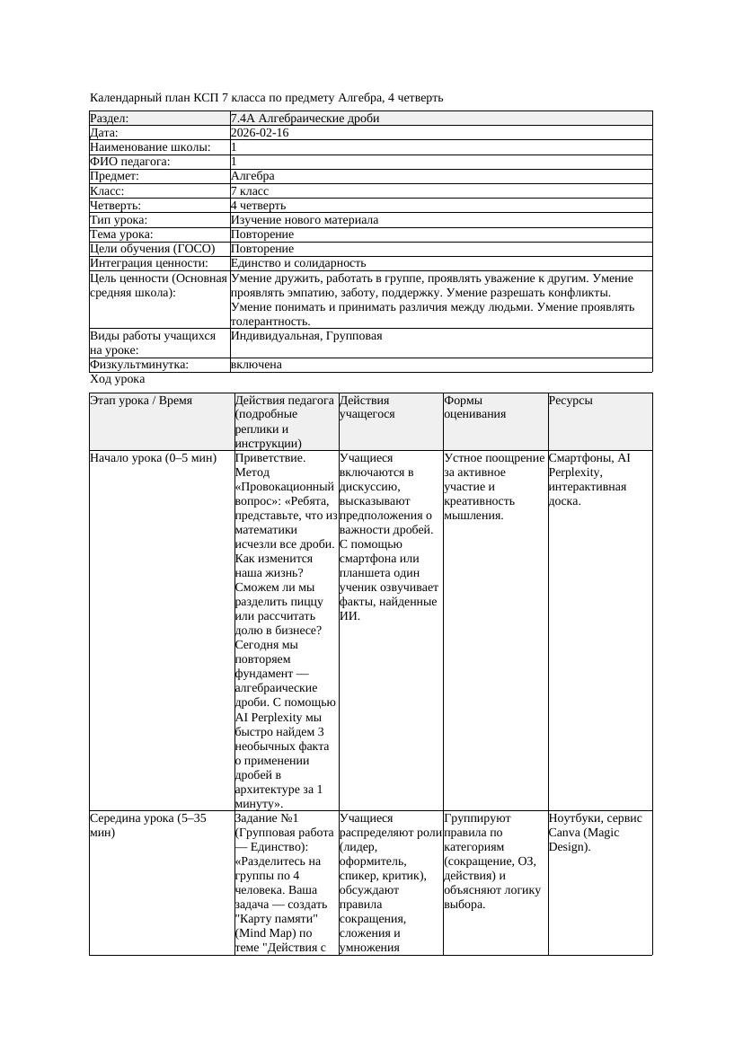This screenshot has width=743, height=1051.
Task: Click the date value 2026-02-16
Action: pos(260,133)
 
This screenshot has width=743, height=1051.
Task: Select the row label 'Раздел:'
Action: pos(110,119)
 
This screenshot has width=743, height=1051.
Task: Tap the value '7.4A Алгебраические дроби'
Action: pos(305,119)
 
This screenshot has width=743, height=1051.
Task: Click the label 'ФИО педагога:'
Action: pos(130,162)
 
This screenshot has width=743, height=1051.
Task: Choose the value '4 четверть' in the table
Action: pos(258,205)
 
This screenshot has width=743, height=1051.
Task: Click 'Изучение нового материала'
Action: pos(305,219)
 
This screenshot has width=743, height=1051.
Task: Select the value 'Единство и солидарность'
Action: pos(298,263)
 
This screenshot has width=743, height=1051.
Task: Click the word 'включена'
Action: pos(256,365)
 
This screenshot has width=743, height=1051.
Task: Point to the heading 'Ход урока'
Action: pos(118,379)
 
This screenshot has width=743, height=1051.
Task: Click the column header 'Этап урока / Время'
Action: pos(141,401)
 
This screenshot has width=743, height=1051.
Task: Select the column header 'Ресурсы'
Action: pos(571,401)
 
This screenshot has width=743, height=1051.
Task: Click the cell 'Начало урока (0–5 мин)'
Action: pos(154,458)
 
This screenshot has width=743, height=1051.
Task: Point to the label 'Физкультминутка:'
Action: pos(139,365)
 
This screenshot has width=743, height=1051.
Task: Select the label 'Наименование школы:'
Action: pos(151,147)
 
